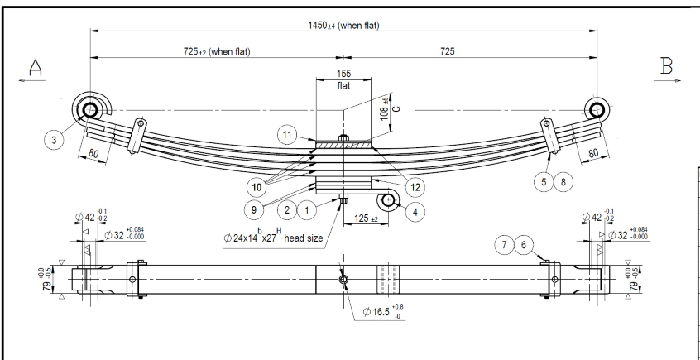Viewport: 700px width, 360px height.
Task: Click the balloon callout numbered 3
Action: (55, 141)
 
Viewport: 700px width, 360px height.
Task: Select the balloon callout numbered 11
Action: (287, 134)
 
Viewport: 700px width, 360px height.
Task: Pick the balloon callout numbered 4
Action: (415, 210)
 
